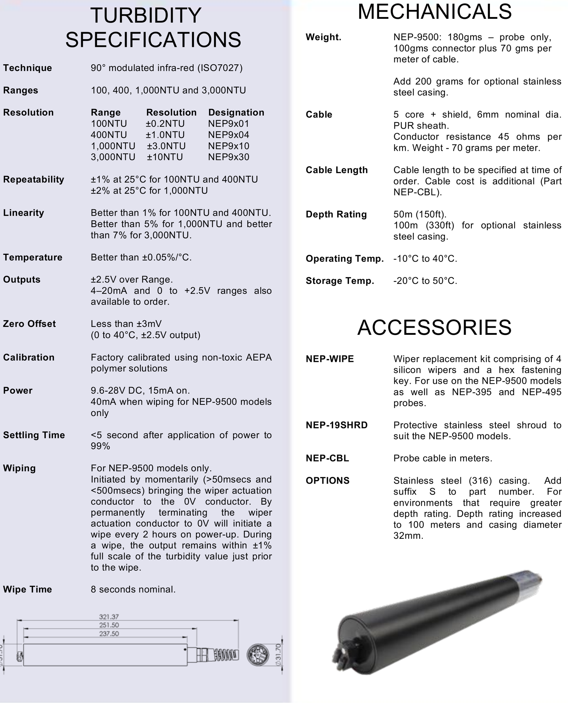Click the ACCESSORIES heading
click(x=434, y=327)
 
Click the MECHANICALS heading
click(x=435, y=11)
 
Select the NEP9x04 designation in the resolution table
click(x=229, y=135)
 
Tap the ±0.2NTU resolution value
click(x=165, y=124)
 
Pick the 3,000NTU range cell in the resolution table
click(x=113, y=157)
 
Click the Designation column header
click(x=236, y=113)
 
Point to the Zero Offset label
click(x=29, y=324)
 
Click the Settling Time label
click(x=34, y=435)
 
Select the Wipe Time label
click(x=27, y=589)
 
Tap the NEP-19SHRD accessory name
click(x=337, y=425)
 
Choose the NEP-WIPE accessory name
click(x=330, y=359)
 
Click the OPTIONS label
click(x=328, y=480)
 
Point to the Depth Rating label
click(x=336, y=214)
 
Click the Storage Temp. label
click(x=340, y=281)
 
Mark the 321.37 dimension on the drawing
click(x=109, y=617)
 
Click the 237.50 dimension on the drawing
click(x=109, y=634)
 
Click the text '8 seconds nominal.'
click(x=133, y=589)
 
